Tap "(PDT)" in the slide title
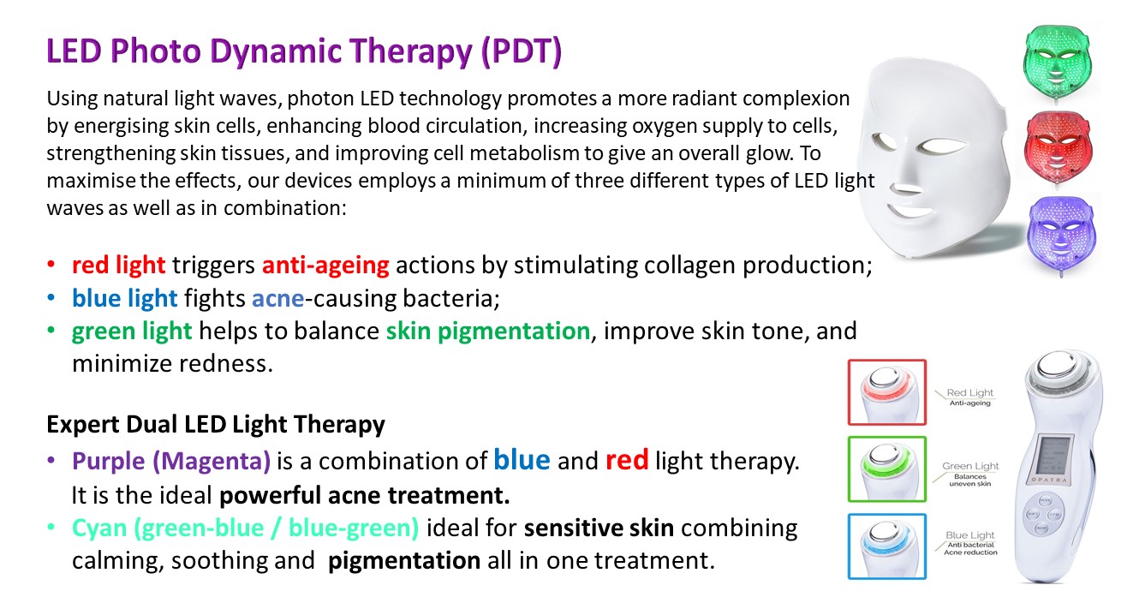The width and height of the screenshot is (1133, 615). click(x=522, y=51)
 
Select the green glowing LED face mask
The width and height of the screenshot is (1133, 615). click(x=1057, y=63)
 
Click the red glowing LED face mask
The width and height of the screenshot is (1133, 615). click(x=1058, y=148)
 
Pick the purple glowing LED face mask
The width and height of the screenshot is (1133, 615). click(x=1061, y=234)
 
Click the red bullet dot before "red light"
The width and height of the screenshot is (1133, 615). click(x=51, y=265)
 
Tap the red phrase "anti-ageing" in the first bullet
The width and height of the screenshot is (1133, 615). click(x=325, y=265)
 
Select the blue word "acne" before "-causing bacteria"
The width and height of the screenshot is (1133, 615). click(x=278, y=298)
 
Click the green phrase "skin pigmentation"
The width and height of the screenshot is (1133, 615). click(x=488, y=331)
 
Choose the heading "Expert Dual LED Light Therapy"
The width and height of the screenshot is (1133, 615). click(x=216, y=424)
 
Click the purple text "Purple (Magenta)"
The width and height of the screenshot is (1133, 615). click(x=171, y=461)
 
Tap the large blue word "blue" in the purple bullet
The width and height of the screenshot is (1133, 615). click(x=522, y=460)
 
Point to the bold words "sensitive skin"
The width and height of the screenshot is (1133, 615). click(x=599, y=528)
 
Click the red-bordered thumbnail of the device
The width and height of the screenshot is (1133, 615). click(x=887, y=392)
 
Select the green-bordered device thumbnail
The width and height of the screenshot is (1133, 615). click(x=887, y=469)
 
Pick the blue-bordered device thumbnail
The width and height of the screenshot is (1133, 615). click(x=887, y=546)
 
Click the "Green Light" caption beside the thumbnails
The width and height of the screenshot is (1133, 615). click(x=970, y=466)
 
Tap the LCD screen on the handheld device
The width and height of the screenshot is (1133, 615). click(x=1053, y=453)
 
